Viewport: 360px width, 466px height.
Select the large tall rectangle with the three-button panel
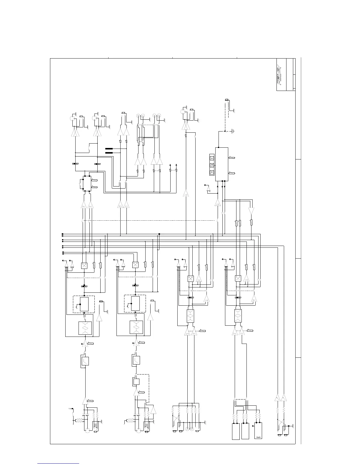(222, 164)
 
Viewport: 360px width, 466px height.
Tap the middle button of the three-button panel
(212, 165)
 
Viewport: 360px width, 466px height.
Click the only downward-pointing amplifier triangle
(251, 211)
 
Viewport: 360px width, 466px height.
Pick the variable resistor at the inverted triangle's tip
(251, 222)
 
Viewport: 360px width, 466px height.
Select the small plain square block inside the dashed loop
(136, 382)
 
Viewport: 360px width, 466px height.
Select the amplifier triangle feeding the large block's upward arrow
(218, 202)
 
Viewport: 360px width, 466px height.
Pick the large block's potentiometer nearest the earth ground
(232, 158)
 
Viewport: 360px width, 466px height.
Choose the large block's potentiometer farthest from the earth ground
(232, 173)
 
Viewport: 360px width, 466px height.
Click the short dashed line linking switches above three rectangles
(240, 399)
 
